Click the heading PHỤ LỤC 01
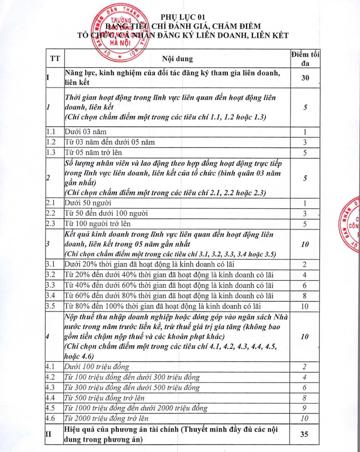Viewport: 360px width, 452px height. pyautogui.click(x=183, y=17)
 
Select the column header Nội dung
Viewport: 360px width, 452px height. pyautogui.click(x=178, y=59)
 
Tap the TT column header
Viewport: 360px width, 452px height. pyautogui.click(x=55, y=59)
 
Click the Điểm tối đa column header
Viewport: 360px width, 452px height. pyautogui.click(x=305, y=59)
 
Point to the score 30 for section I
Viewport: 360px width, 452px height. pyautogui.click(x=305, y=78)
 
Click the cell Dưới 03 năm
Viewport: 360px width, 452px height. pyautogui.click(x=85, y=132)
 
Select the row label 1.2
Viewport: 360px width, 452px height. pyautogui.click(x=51, y=142)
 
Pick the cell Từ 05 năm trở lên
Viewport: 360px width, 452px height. pyautogui.click(x=93, y=153)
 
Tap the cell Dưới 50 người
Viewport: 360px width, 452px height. pyautogui.click(x=88, y=203)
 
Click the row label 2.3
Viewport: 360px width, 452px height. pyautogui.click(x=51, y=224)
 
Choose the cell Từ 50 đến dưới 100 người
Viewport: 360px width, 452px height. pyautogui.click(x=106, y=213)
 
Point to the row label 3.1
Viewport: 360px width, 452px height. pyautogui.click(x=51, y=264)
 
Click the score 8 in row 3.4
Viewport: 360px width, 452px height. pyautogui.click(x=305, y=296)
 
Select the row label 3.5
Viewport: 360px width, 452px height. pyautogui.click(x=51, y=306)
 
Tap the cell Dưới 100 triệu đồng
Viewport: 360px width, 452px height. pyautogui.click(x=97, y=367)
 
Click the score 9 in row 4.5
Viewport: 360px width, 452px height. pyautogui.click(x=305, y=408)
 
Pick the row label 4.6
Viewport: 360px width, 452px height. pyautogui.click(x=51, y=418)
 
